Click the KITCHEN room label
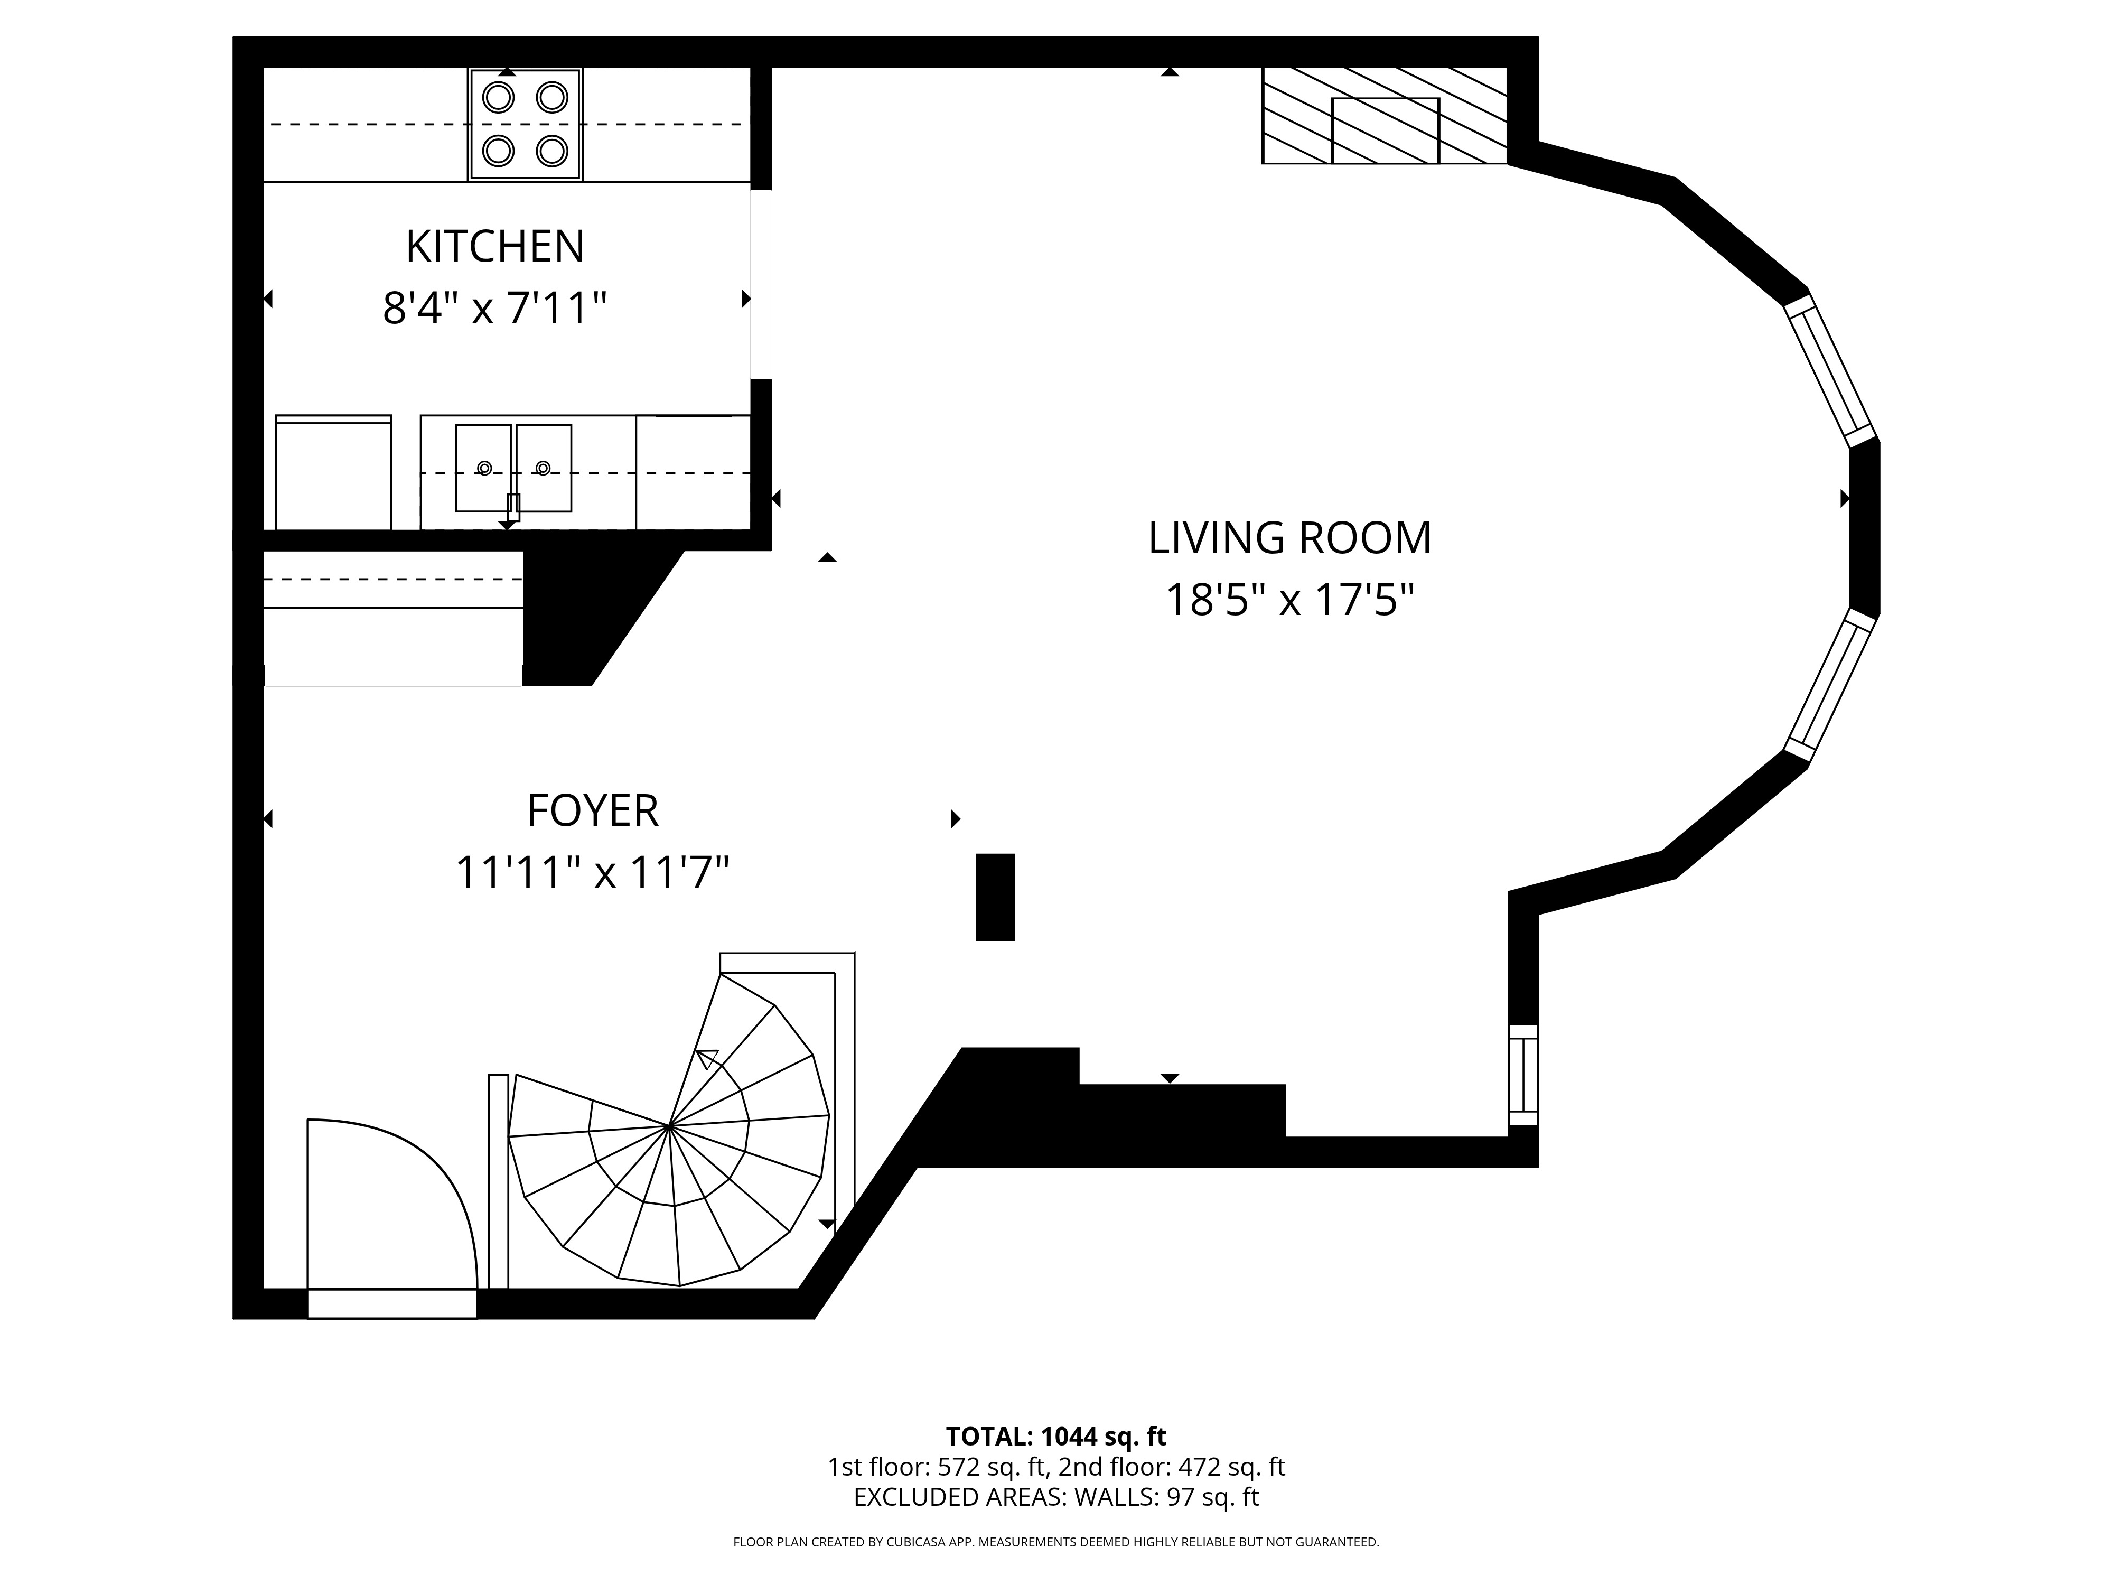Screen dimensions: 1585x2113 495,247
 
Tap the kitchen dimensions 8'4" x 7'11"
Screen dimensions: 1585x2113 495,309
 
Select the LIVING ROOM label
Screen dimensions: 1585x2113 1289,538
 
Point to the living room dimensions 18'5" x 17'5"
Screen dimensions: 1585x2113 1289,601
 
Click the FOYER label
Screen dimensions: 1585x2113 592,811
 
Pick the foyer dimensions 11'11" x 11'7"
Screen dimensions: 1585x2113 592,872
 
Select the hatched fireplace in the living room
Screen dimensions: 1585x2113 1384,116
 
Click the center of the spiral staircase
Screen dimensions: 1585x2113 670,1127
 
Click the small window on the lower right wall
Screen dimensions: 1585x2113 1522,1075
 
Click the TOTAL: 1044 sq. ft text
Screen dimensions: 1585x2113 1055,1436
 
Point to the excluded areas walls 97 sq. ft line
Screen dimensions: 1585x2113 1055,1497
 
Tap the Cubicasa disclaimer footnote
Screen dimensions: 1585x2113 1055,1542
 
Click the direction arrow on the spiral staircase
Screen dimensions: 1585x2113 707,1059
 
